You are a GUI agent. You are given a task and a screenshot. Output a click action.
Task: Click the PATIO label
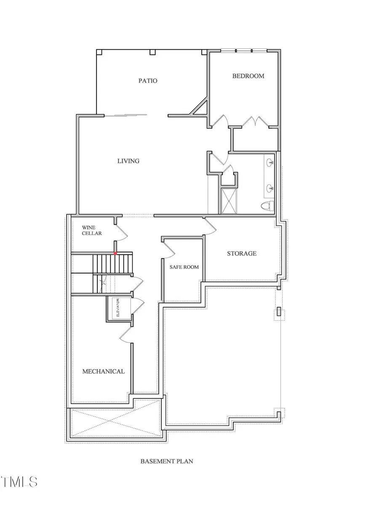point(148,80)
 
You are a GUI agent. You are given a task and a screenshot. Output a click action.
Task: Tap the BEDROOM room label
point(248,76)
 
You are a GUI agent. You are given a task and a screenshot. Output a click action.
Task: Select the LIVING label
point(128,161)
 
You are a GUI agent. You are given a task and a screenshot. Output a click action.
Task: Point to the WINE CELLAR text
point(92,230)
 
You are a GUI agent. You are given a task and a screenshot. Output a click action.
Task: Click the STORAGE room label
point(242,253)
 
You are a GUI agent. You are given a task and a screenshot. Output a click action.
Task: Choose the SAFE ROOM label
point(184,267)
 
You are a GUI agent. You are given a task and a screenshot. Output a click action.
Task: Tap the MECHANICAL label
point(103,371)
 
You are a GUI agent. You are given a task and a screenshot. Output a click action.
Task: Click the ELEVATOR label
point(118,308)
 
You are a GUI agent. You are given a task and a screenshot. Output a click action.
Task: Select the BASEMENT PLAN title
point(167,461)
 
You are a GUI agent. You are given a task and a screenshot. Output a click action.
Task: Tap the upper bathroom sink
point(270,162)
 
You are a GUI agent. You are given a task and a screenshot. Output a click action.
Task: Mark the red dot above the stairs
point(115,253)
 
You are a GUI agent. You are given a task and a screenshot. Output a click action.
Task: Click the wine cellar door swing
point(121,231)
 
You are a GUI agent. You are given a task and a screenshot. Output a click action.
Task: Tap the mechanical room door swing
point(126,335)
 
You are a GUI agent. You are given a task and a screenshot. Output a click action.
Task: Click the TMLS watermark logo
point(19,481)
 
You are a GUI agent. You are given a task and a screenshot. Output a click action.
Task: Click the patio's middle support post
point(152,53)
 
